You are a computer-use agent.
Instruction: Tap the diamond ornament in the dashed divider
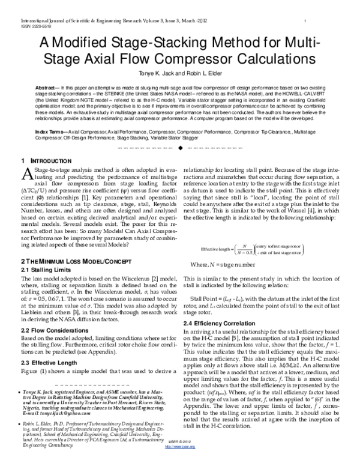180,147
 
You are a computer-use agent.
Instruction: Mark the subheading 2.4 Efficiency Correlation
218,324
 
